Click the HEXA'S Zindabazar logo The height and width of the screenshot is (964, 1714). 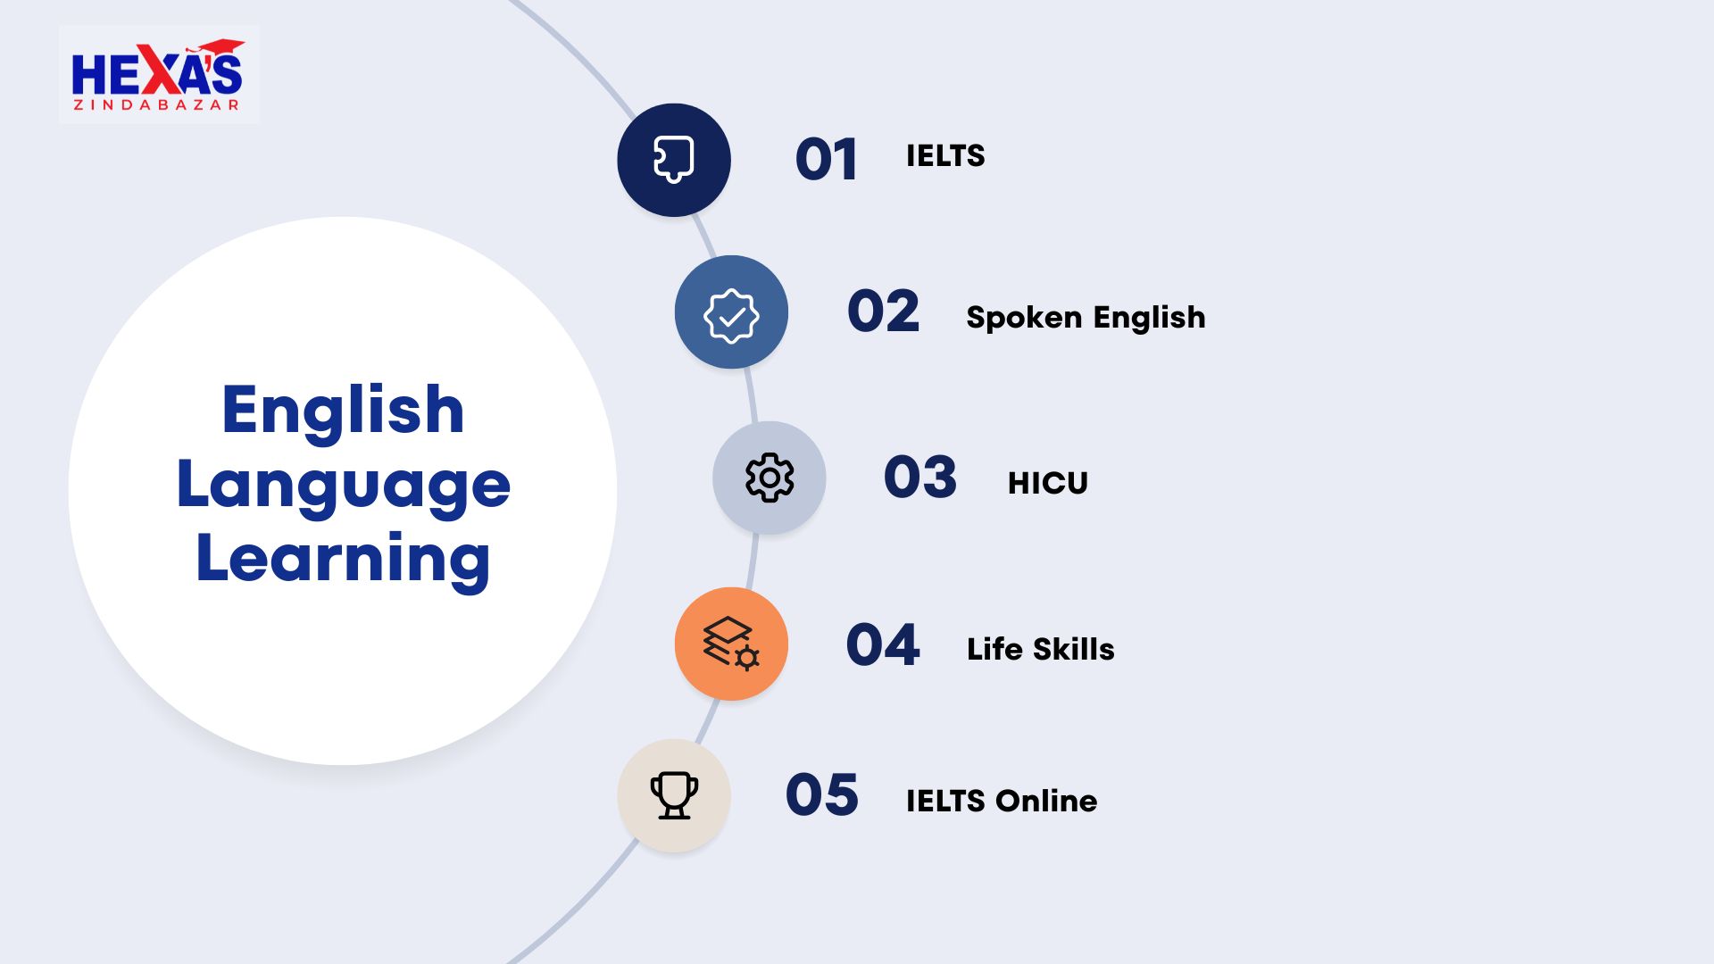(159, 75)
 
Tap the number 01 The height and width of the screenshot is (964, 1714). (827, 160)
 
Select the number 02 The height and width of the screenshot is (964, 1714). (883, 312)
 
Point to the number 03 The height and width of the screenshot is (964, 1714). (920, 477)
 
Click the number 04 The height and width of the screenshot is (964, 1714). (883, 644)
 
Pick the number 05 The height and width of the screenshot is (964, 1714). (822, 795)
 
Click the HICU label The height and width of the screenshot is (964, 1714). (1048, 483)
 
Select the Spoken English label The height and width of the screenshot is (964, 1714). (1086, 318)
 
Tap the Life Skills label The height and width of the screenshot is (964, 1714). (1041, 649)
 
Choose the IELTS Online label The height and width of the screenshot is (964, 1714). (1002, 801)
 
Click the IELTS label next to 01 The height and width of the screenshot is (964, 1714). (945, 156)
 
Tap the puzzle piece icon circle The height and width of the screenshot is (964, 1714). (674, 160)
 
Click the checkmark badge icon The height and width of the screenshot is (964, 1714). (731, 315)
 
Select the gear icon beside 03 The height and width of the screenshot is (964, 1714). (770, 478)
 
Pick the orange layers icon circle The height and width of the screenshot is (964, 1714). (731, 644)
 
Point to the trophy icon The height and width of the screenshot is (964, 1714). (674, 795)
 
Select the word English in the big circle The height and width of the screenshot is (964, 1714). (343, 411)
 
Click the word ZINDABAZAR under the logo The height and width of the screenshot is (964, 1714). (156, 104)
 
